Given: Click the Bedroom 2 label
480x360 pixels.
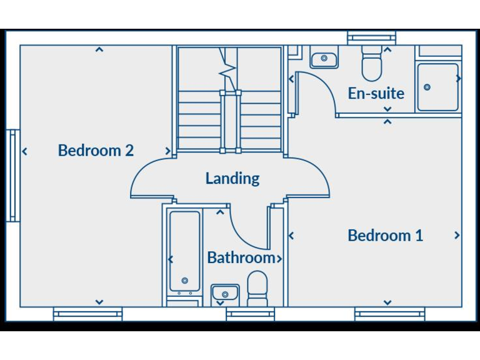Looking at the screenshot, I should point(96,151).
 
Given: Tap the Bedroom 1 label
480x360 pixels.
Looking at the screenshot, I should point(385,236).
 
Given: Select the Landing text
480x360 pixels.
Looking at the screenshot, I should point(232,179).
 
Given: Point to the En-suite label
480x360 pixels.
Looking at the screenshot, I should point(376,94).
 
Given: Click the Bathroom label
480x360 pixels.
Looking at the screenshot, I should point(241,257).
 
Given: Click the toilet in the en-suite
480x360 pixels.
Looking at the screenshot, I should point(372,66).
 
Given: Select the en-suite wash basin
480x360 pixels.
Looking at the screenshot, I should point(324,59).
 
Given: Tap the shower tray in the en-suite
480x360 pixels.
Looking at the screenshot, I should point(437,87).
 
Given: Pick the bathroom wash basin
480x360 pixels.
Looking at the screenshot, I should point(225,292).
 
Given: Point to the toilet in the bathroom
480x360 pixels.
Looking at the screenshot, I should point(257,289).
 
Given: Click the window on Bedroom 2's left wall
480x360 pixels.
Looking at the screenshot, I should point(13,176).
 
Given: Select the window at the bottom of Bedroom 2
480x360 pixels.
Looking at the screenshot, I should point(87,314).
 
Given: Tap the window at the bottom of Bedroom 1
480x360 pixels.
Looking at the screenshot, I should point(389,314).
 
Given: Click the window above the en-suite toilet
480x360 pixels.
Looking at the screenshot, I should point(372,39).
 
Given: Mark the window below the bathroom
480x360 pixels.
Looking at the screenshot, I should point(250,314).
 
